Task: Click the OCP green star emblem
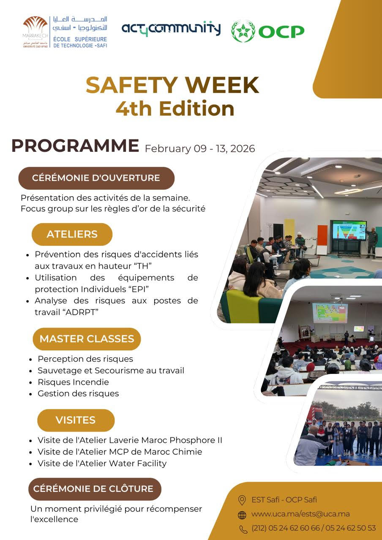(x=243, y=31)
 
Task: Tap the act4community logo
(x=171, y=29)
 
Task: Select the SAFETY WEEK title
(x=172, y=85)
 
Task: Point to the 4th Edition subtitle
(x=175, y=108)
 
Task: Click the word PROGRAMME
(x=75, y=146)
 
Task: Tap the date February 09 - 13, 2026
(x=200, y=148)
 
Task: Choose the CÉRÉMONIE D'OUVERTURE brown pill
(x=96, y=178)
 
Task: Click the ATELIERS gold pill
(x=72, y=234)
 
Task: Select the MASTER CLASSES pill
(x=87, y=339)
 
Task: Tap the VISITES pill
(x=76, y=420)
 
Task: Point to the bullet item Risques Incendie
(x=73, y=382)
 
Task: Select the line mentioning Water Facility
(x=102, y=463)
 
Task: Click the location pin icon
(x=242, y=500)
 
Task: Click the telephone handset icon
(x=243, y=529)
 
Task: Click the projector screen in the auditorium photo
(x=330, y=313)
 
